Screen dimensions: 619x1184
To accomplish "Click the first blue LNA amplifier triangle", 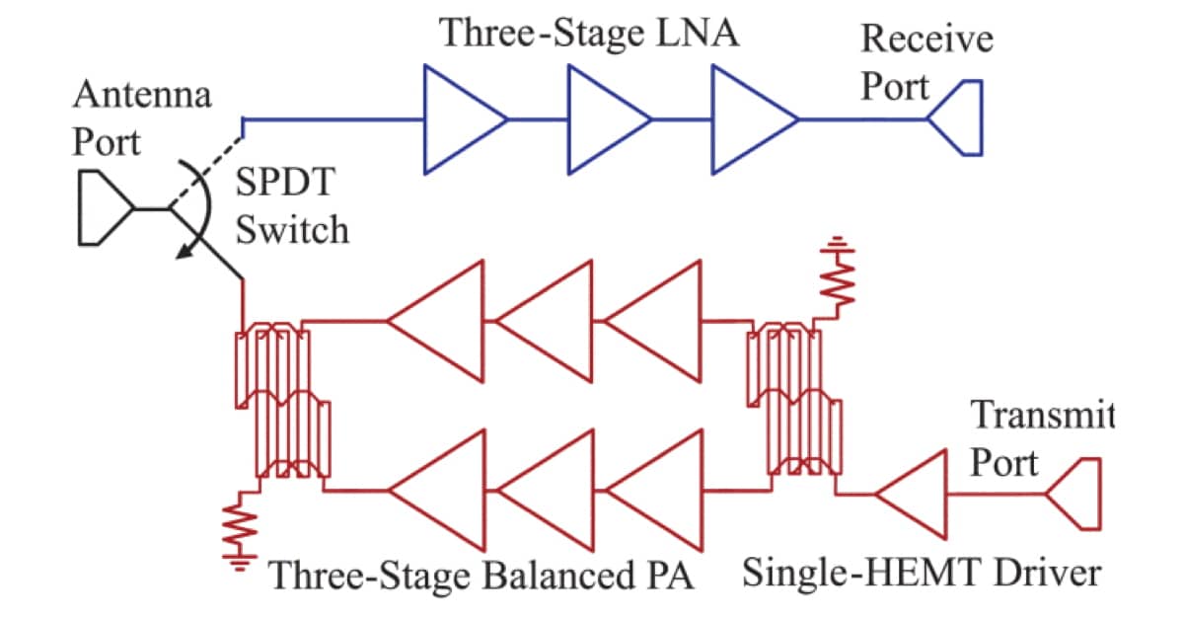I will click(459, 119).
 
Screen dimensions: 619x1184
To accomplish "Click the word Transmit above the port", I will click(1042, 415).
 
